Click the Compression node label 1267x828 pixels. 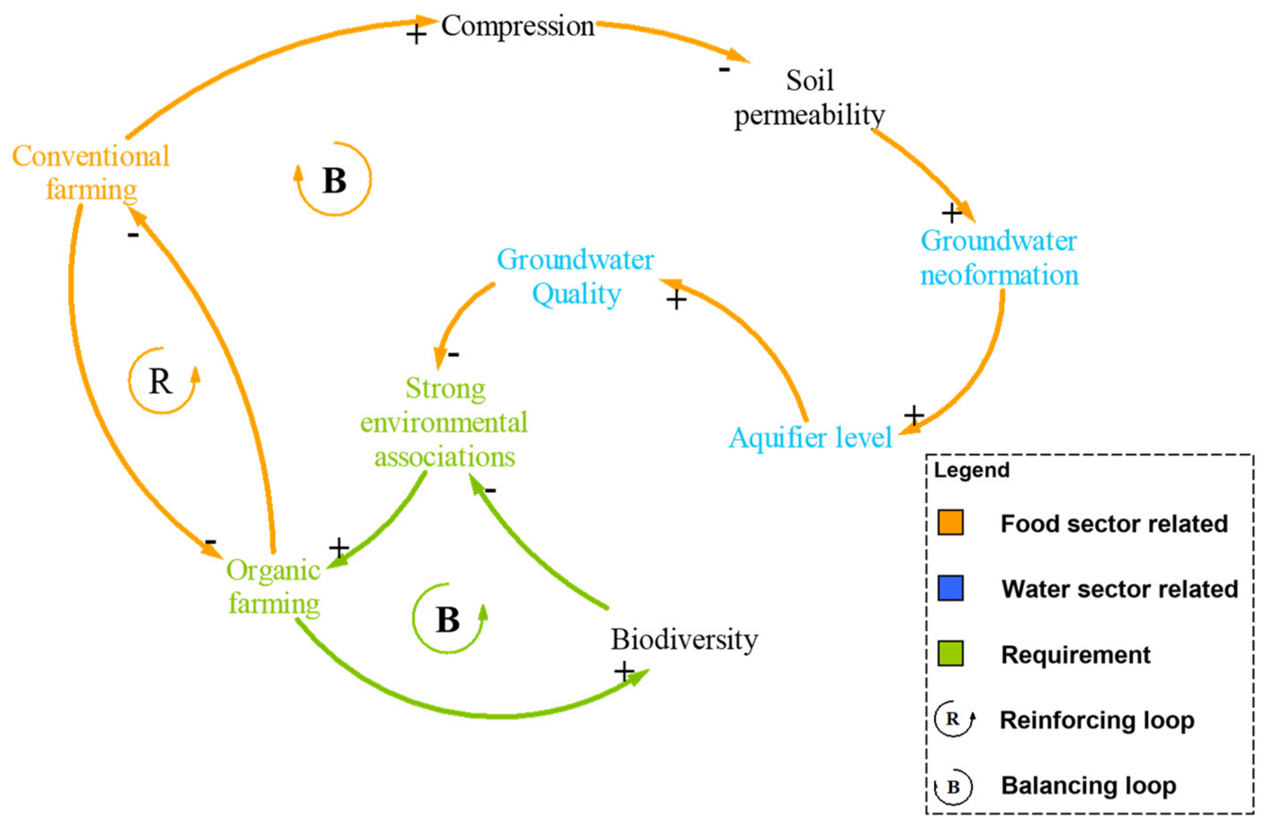pyautogui.click(x=518, y=27)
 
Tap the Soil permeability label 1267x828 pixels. pyautogui.click(x=809, y=98)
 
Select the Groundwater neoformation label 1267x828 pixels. pyautogui.click(x=999, y=258)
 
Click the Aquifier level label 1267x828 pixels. pyautogui.click(x=810, y=438)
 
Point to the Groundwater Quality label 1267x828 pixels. pyautogui.click(x=575, y=277)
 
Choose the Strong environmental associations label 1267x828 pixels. pyautogui.click(x=444, y=423)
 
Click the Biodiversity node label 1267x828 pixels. pyautogui.click(x=684, y=640)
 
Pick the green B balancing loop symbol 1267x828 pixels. pyautogui.click(x=448, y=620)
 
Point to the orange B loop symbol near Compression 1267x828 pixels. pyautogui.click(x=334, y=180)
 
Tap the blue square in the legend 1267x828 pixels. pyautogui.click(x=950, y=588)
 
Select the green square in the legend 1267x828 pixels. pyautogui.click(x=950, y=654)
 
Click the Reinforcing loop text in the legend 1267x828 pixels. pyautogui.click(x=1097, y=720)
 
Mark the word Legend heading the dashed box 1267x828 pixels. pyautogui.click(x=971, y=470)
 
